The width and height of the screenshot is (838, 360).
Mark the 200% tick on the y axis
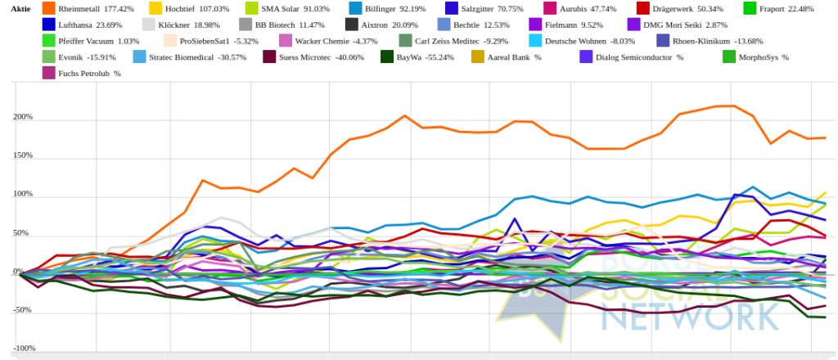pos(22,118)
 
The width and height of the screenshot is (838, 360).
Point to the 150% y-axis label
pos(22,156)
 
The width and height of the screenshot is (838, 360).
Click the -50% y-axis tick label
pos(22,310)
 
